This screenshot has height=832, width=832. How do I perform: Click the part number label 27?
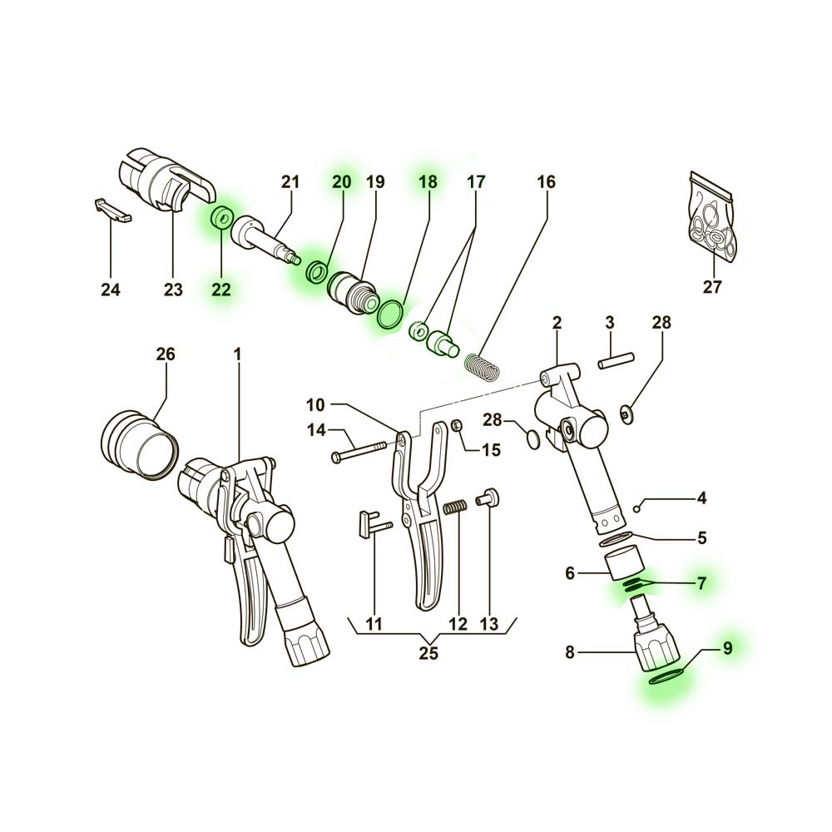coord(712,287)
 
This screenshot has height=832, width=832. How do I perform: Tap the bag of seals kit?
coord(713,218)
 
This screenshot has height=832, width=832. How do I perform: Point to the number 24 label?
coord(111,290)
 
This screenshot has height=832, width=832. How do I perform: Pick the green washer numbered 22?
coord(221,218)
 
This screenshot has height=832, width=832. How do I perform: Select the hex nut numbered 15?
coord(455,424)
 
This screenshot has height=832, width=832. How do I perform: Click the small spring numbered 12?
coord(456,508)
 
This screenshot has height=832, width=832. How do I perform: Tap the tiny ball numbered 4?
coord(636,509)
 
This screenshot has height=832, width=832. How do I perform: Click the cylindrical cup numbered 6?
coord(625,563)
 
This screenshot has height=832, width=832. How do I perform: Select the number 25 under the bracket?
coord(428,653)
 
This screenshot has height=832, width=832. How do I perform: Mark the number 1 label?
coord(237,354)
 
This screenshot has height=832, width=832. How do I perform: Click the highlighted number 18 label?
coord(428,182)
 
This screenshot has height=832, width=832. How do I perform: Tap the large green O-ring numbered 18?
coord(392,314)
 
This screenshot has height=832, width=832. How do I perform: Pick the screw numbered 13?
coord(486,498)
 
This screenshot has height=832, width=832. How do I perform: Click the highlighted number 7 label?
coord(701,584)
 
